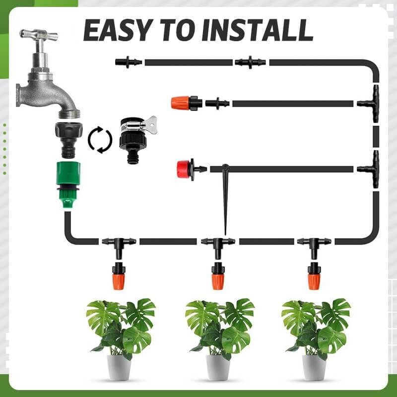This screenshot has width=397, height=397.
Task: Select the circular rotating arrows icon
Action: (x=100, y=140)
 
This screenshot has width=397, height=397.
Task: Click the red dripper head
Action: (x=185, y=169)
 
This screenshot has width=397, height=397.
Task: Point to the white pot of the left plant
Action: (x=119, y=366)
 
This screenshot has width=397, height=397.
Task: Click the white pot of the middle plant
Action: (x=218, y=366)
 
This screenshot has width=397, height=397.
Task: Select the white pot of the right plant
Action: (x=314, y=366)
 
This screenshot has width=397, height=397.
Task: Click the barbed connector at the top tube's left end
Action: (x=128, y=62)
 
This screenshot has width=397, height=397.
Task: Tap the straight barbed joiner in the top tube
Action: (x=250, y=62)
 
